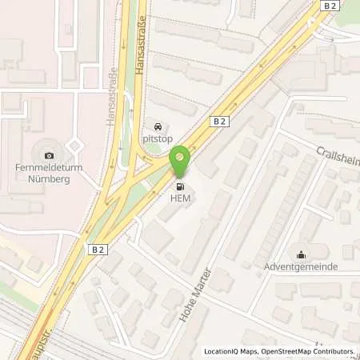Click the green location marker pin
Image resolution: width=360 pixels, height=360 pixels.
181,159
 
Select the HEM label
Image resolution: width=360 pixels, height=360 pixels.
180,199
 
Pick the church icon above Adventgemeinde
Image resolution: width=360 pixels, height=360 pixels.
301,254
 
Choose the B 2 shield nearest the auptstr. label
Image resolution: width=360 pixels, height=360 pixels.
98,250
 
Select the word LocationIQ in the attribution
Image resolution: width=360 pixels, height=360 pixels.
220,351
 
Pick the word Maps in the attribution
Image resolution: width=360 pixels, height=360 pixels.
246,351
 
